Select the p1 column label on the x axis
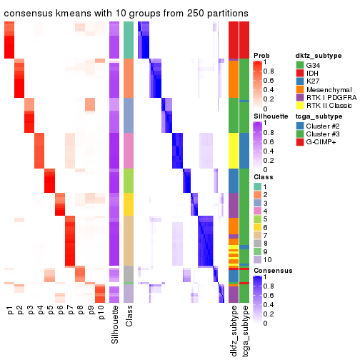click(10, 311)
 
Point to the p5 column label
click(50, 311)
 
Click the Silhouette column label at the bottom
click(115, 325)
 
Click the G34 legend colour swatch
click(300, 66)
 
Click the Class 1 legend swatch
click(258, 186)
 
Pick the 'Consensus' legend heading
click(271, 271)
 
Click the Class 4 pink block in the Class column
click(129, 150)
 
